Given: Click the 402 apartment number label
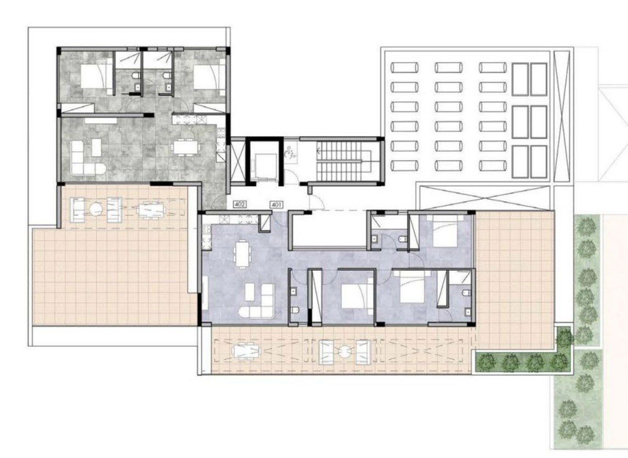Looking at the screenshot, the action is point(240,204).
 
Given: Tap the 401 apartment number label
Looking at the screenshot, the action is point(277,204).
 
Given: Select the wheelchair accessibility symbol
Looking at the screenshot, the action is point(290,154).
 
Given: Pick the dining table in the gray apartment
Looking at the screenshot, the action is point(186,146).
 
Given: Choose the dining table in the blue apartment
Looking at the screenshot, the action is point(242,253).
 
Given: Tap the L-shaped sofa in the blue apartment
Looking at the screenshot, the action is point(258,301).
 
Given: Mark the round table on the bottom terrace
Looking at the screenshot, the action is point(344,352).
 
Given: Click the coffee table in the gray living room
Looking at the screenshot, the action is point(96,147).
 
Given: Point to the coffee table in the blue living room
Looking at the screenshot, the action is point(249,291).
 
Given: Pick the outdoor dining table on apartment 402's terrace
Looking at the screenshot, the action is point(151,210).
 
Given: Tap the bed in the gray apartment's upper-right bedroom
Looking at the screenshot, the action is point(208,77).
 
